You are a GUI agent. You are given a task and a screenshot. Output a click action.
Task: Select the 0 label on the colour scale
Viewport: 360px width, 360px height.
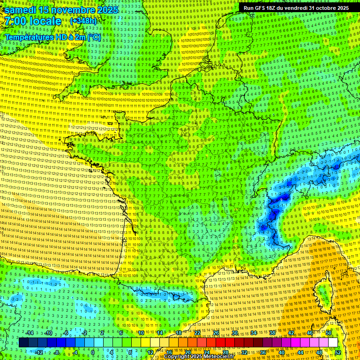pyautogui.click(x=92, y=352)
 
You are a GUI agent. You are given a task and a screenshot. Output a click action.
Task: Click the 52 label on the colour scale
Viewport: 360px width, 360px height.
pyautogui.click(x=338, y=352)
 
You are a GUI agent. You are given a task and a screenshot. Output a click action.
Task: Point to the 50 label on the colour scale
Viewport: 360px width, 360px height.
pyautogui.click(x=329, y=333)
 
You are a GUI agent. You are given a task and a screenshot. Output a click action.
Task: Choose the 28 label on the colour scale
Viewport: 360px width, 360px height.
pyautogui.click(x=225, y=352)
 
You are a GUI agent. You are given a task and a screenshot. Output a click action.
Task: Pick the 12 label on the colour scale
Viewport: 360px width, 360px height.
pyautogui.click(x=150, y=352)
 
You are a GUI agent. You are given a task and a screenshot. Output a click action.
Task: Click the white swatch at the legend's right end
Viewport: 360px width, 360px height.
pyautogui.click(x=333, y=343)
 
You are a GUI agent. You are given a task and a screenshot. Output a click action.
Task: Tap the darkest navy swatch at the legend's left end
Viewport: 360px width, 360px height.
pyautogui.click(x=23, y=343)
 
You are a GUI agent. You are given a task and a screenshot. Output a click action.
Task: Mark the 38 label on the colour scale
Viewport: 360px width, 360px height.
pyautogui.click(x=272, y=333)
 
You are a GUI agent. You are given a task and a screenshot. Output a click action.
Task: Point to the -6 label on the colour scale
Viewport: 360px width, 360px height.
pyautogui.click(x=66, y=333)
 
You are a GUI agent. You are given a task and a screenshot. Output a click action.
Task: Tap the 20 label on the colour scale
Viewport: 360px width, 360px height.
pyautogui.click(x=187, y=352)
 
